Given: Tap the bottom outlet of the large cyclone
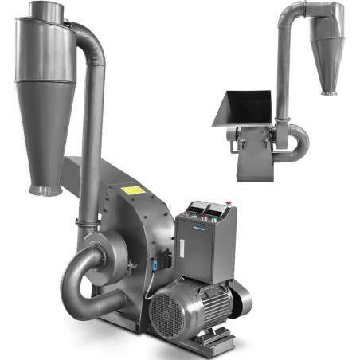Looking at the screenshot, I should (x=45, y=190).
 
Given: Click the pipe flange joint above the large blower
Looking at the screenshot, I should (x=86, y=221).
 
